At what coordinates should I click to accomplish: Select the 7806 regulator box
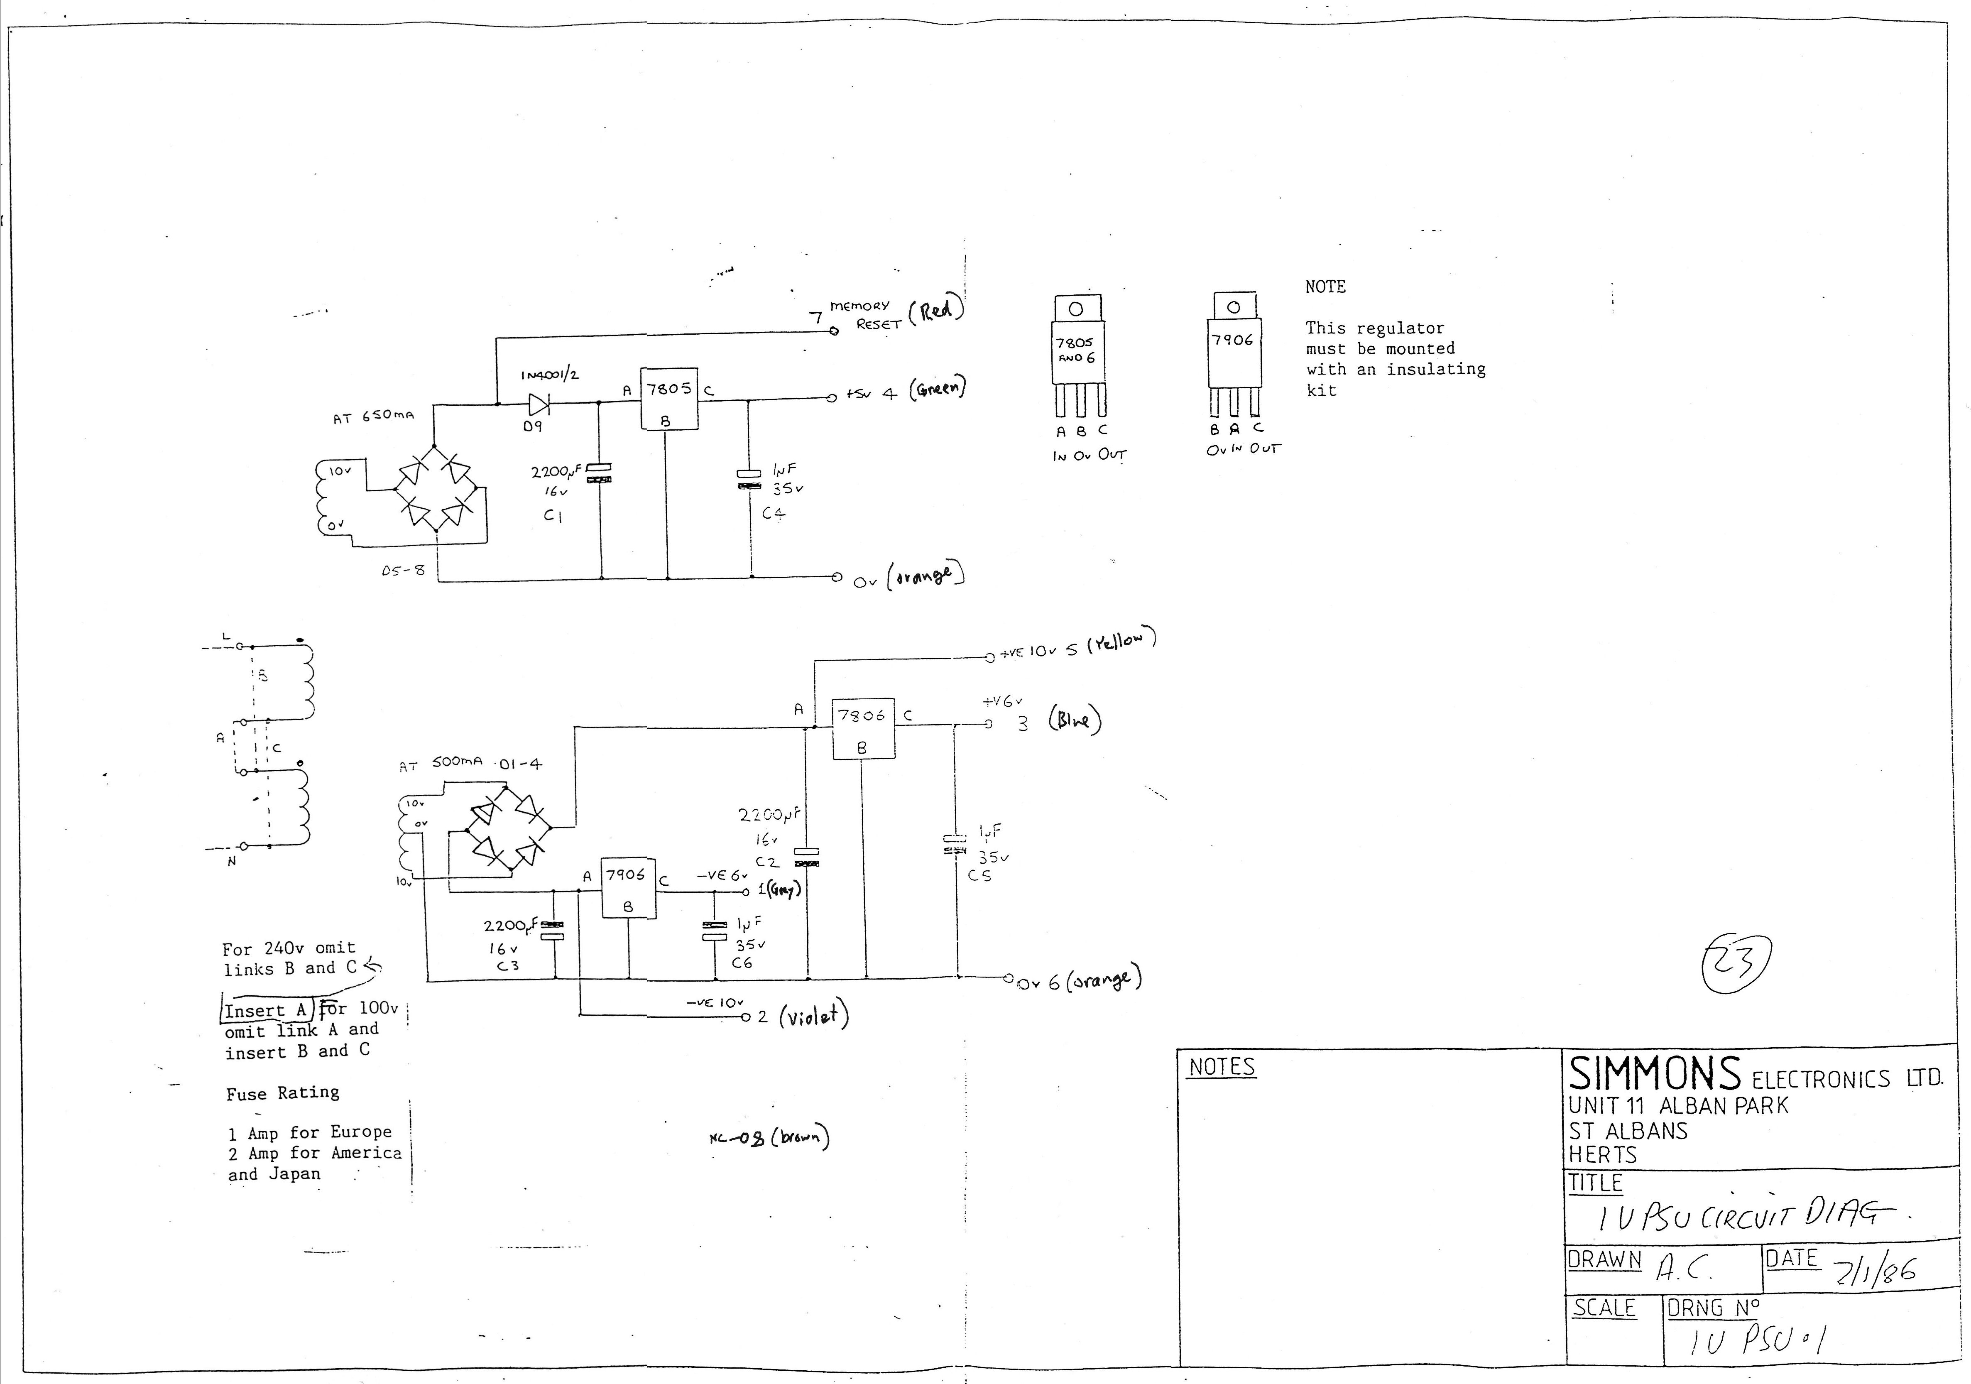tap(863, 728)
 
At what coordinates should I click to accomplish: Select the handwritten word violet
tap(813, 1017)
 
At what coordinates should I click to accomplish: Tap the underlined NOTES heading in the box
tap(1222, 1067)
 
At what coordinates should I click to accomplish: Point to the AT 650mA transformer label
tap(373, 416)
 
